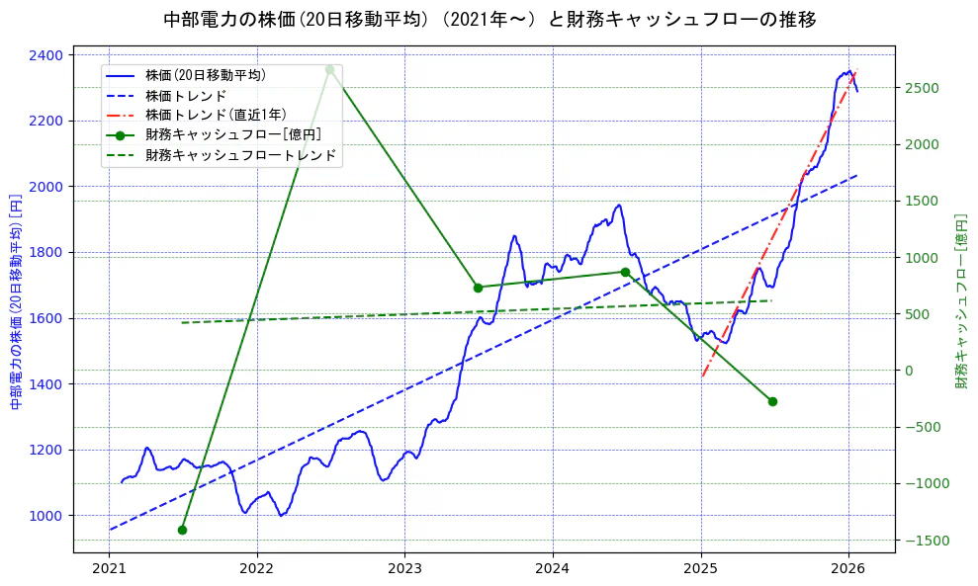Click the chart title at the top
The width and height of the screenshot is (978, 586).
[489, 19]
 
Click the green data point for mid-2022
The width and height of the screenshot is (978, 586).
[329, 69]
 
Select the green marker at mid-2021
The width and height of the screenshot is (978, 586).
[182, 530]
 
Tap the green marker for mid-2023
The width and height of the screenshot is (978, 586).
[478, 288]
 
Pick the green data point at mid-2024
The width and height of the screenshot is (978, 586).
[625, 272]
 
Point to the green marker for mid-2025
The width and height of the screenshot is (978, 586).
[772, 401]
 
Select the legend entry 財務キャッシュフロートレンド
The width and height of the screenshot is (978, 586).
[240, 155]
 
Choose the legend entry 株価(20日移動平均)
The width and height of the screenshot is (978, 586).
[205, 74]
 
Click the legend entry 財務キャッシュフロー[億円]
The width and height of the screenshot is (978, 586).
[232, 134]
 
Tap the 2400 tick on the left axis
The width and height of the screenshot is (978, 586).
[47, 54]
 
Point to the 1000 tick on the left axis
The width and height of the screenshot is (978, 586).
[47, 516]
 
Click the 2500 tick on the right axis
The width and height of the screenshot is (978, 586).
[921, 88]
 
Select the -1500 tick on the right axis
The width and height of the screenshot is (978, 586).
[924, 541]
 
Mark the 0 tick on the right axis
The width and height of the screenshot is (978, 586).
[909, 371]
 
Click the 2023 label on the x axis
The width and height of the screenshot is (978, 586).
[404, 569]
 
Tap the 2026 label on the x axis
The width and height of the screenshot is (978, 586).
[848, 569]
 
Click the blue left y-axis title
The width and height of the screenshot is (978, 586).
[15, 301]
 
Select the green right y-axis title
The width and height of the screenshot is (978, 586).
[960, 301]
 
